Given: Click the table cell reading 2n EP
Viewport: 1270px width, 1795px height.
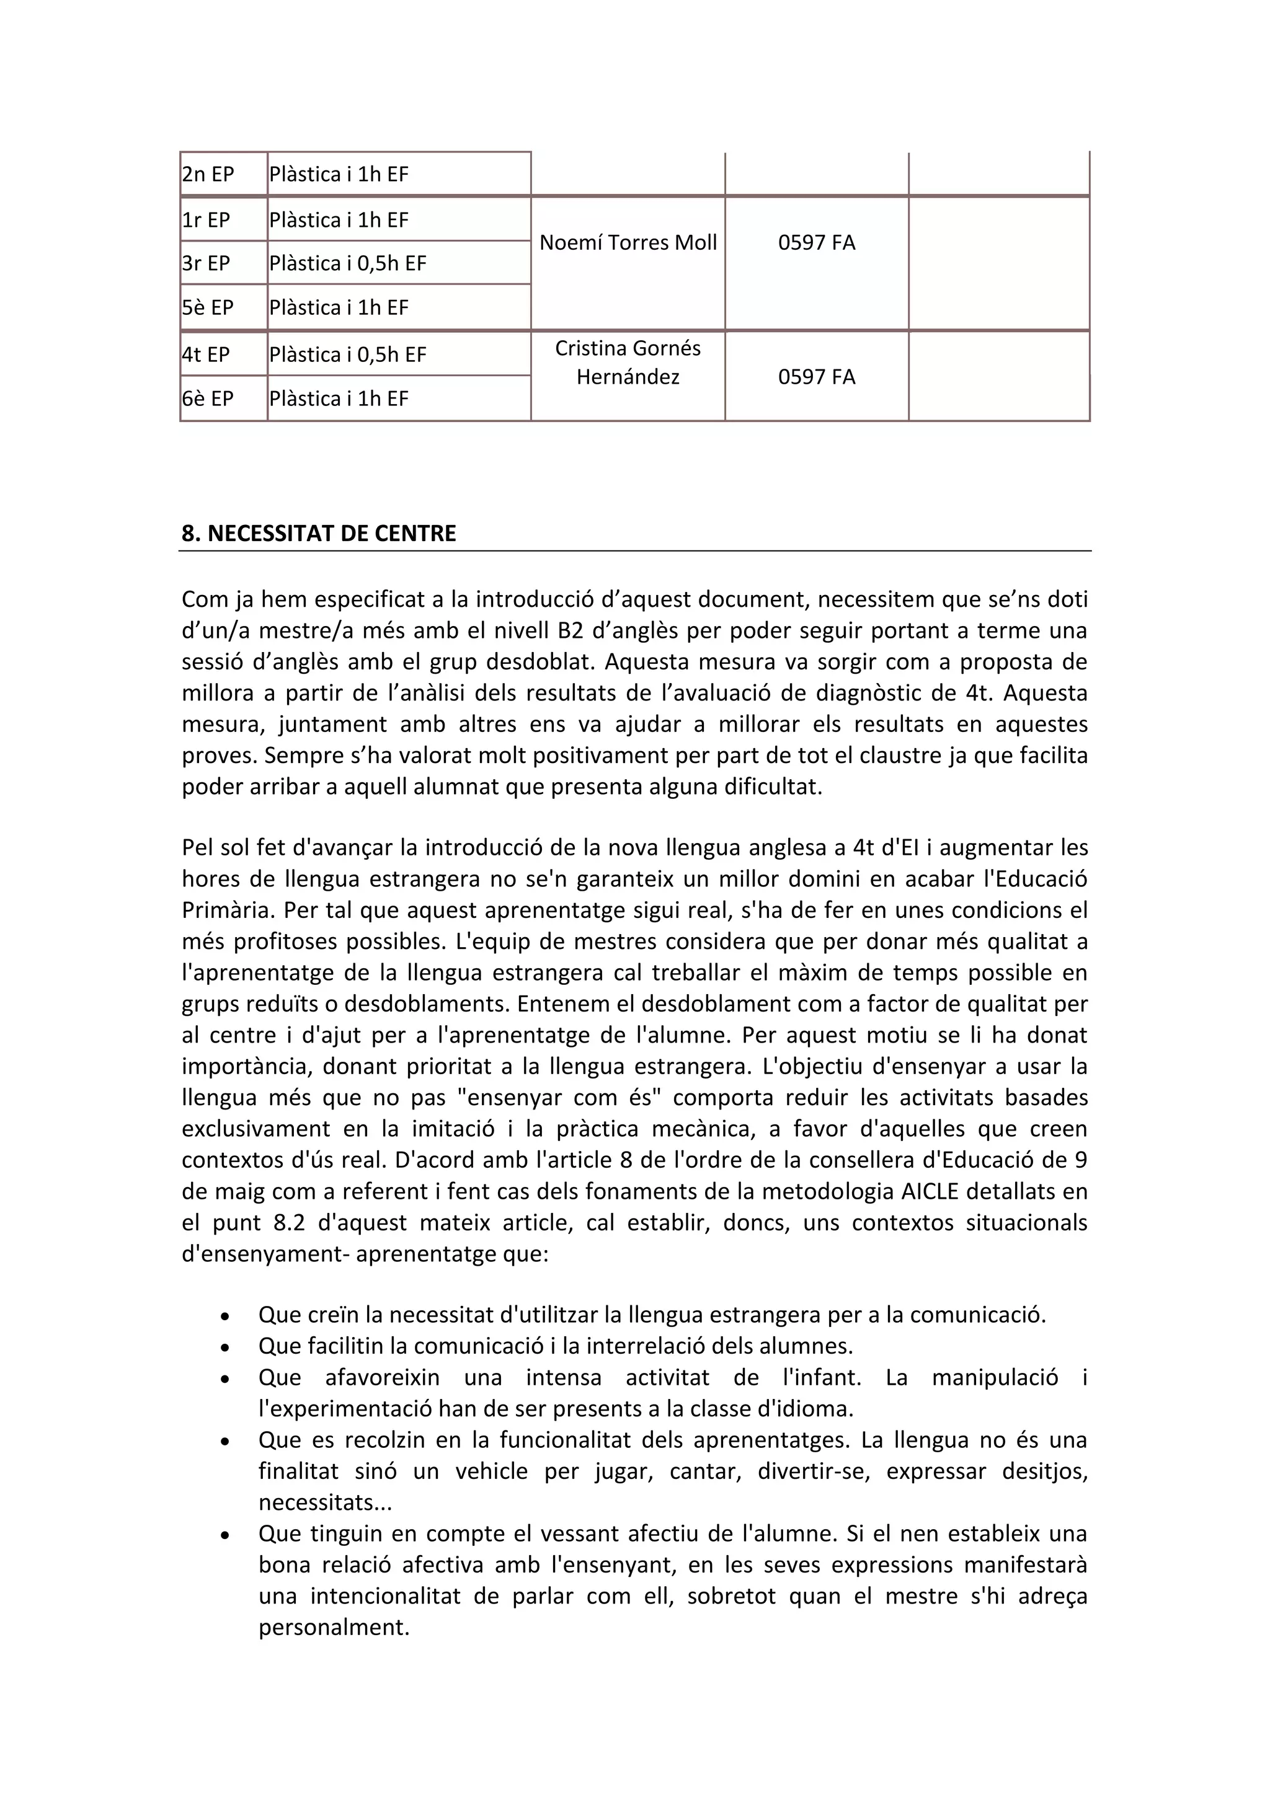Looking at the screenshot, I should [208, 174].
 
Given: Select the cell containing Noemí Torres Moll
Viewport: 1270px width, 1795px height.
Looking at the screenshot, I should [628, 243].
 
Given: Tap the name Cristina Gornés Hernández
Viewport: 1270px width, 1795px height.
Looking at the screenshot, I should [628, 363].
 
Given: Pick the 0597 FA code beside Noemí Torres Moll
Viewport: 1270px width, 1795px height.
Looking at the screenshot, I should [817, 243].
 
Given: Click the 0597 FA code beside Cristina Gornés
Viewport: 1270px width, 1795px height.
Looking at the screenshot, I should [817, 377].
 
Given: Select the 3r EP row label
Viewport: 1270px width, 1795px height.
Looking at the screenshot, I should [206, 263].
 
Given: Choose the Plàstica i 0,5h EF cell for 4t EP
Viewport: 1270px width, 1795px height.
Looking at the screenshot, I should [348, 355].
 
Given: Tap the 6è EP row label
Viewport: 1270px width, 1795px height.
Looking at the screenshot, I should [208, 399].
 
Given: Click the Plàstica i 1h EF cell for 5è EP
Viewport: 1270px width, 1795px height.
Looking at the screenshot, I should [339, 308].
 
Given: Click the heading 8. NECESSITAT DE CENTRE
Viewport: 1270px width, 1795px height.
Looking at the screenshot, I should [319, 534].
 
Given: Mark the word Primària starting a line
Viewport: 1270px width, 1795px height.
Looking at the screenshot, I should [226, 911].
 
